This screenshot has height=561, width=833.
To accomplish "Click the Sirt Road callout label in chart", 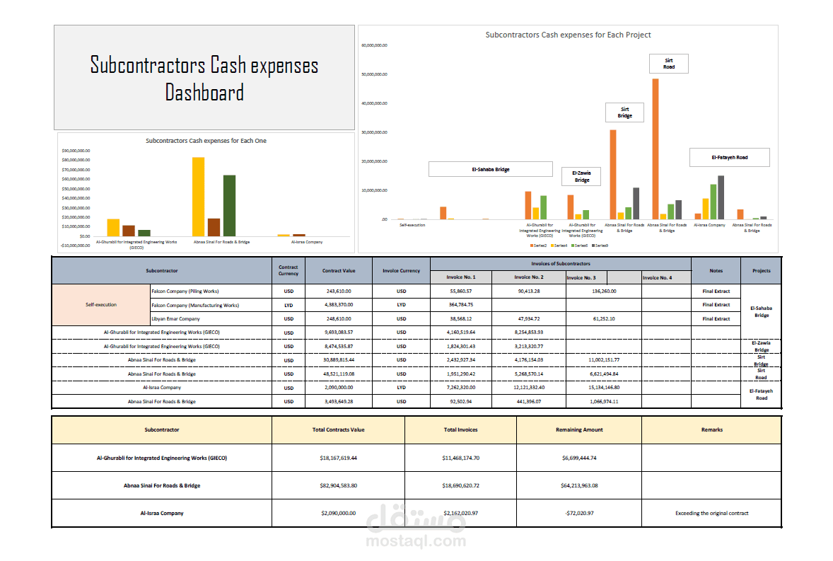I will pyautogui.click(x=668, y=64).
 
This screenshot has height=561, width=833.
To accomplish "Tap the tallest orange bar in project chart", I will pyautogui.click(x=656, y=149).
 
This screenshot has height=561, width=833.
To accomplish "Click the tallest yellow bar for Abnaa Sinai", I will pyautogui.click(x=198, y=196).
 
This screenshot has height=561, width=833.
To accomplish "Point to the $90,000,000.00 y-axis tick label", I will pyautogui.click(x=75, y=151).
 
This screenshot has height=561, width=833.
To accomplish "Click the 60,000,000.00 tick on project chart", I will pyautogui.click(x=374, y=45).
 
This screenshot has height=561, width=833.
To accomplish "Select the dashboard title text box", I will pyautogui.click(x=204, y=78).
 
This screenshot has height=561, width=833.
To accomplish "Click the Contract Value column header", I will pyautogui.click(x=338, y=270).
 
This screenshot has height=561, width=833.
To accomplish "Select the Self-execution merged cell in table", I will pyautogui.click(x=101, y=305).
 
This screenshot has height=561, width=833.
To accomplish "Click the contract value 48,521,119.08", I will pyautogui.click(x=338, y=374).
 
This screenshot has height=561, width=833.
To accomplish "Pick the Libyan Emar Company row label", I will pyautogui.click(x=175, y=319).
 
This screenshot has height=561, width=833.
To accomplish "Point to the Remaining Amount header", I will pyautogui.click(x=578, y=429).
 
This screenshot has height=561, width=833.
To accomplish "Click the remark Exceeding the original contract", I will pyautogui.click(x=711, y=513).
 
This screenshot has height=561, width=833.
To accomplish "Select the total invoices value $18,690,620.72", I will pyautogui.click(x=460, y=485).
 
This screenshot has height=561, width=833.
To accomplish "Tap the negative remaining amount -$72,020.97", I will pyautogui.click(x=578, y=513).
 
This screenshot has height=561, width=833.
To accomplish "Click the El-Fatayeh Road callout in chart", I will pyautogui.click(x=729, y=157).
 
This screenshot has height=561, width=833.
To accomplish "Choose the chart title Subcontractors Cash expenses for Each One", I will pyautogui.click(x=206, y=141).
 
